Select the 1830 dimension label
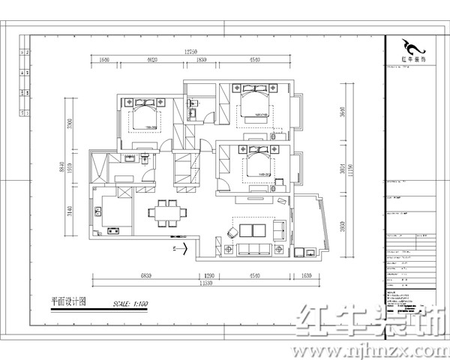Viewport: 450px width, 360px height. pyautogui.click(x=201, y=59)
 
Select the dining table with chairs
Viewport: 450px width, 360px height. pyautogui.click(x=166, y=211)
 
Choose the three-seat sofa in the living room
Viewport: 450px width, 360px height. pyautogui.click(x=254, y=247)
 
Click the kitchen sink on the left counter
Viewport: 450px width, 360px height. pyautogui.click(x=99, y=213)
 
